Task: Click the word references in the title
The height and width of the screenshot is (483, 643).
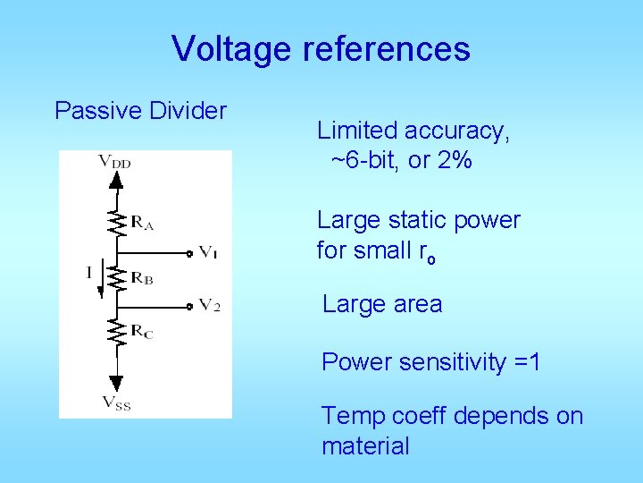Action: (x=387, y=49)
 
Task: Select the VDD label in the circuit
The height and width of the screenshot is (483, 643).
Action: (x=114, y=161)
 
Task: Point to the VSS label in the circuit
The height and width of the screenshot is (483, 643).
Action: (x=116, y=403)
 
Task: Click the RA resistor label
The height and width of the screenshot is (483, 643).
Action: (x=143, y=224)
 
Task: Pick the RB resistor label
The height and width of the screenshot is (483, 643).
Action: (x=142, y=278)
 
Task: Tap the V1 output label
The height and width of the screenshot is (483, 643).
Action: (x=208, y=253)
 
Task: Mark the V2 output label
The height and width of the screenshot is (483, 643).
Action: (x=209, y=306)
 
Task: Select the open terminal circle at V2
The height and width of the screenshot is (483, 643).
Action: (x=190, y=306)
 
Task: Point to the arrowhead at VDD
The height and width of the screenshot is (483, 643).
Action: (x=115, y=179)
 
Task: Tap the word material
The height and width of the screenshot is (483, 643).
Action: (x=365, y=445)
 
